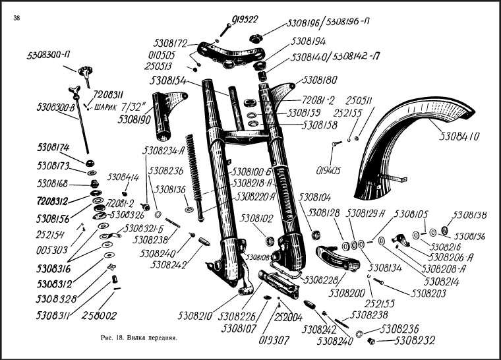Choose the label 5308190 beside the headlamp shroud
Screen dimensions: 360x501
[135, 121]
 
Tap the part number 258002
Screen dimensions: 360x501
[100, 315]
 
